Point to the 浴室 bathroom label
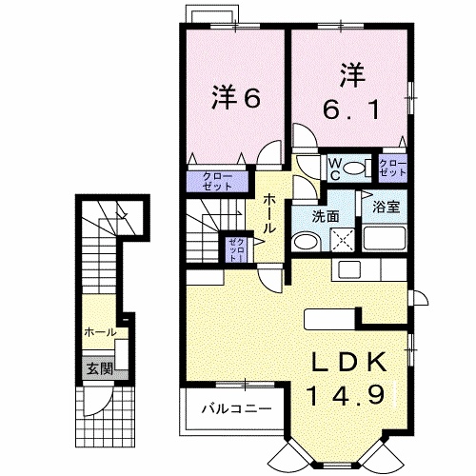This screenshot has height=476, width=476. (386, 204)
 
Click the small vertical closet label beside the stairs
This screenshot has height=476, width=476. (235, 249)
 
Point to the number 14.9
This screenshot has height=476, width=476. (347, 392)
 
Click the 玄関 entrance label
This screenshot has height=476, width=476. (93, 367)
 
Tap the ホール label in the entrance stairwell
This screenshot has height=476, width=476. (100, 332)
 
